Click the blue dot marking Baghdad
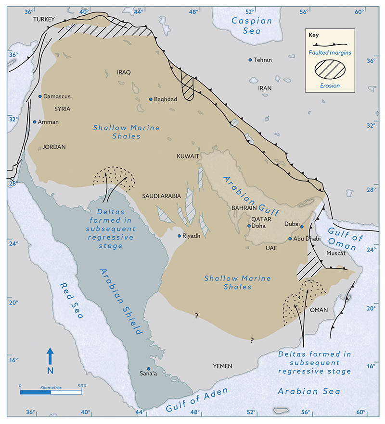click(x=151, y=99)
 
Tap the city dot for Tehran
click(x=250, y=60)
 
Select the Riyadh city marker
click(x=179, y=236)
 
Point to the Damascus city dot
click(x=40, y=96)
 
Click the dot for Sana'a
click(x=148, y=368)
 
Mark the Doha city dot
click(x=249, y=226)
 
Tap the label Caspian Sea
click(x=252, y=26)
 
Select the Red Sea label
click(x=71, y=301)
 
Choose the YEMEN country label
click(x=222, y=366)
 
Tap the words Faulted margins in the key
click(x=332, y=52)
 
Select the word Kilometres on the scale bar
click(x=51, y=386)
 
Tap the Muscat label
click(x=335, y=253)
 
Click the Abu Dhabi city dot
click(x=290, y=239)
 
